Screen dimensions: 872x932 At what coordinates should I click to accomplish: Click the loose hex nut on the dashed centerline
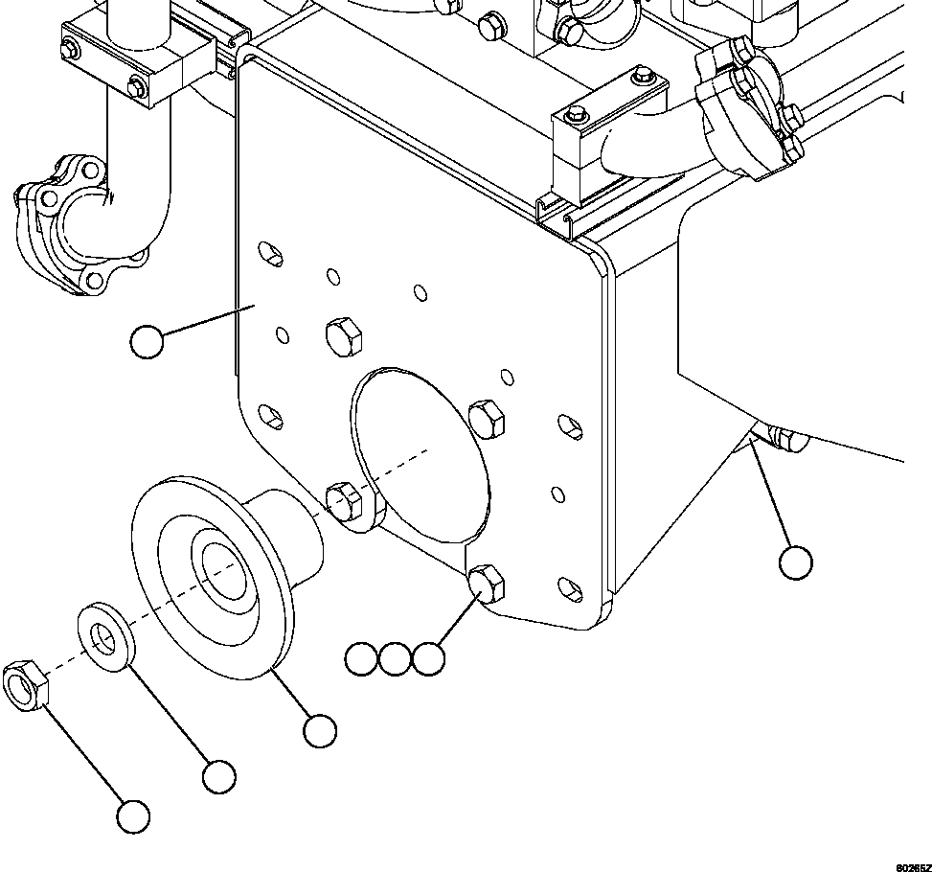[x=26, y=684]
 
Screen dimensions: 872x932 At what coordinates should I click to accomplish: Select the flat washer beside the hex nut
[x=104, y=636]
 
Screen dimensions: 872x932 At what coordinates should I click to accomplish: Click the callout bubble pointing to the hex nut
[x=133, y=816]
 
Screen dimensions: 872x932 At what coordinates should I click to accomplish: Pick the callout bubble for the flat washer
[x=219, y=775]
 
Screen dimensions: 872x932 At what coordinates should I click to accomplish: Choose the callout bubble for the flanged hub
[x=319, y=731]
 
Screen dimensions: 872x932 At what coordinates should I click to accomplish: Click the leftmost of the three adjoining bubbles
[x=361, y=659]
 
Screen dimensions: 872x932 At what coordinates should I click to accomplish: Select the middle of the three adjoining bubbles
[x=395, y=659]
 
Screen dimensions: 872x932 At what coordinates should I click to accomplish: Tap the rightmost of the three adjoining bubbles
[x=428, y=659]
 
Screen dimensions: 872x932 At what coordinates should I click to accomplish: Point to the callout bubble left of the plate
[x=147, y=342]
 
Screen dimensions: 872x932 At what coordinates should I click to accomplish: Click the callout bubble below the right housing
[x=795, y=562]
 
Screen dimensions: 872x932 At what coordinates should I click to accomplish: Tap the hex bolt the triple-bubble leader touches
[x=488, y=583]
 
